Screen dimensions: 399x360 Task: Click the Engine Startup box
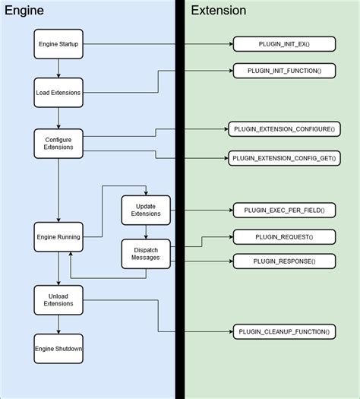tap(58, 44)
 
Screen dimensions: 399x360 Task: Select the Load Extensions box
tap(58, 93)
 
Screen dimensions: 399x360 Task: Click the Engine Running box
tap(58, 237)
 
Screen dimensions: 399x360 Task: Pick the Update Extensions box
tap(146, 209)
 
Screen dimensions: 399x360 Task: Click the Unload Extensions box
tap(58, 299)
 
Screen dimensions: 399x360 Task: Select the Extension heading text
tap(218, 11)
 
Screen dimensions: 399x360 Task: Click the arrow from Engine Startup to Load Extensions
tap(58, 68)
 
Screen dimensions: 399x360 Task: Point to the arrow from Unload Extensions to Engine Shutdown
tap(58, 323)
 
